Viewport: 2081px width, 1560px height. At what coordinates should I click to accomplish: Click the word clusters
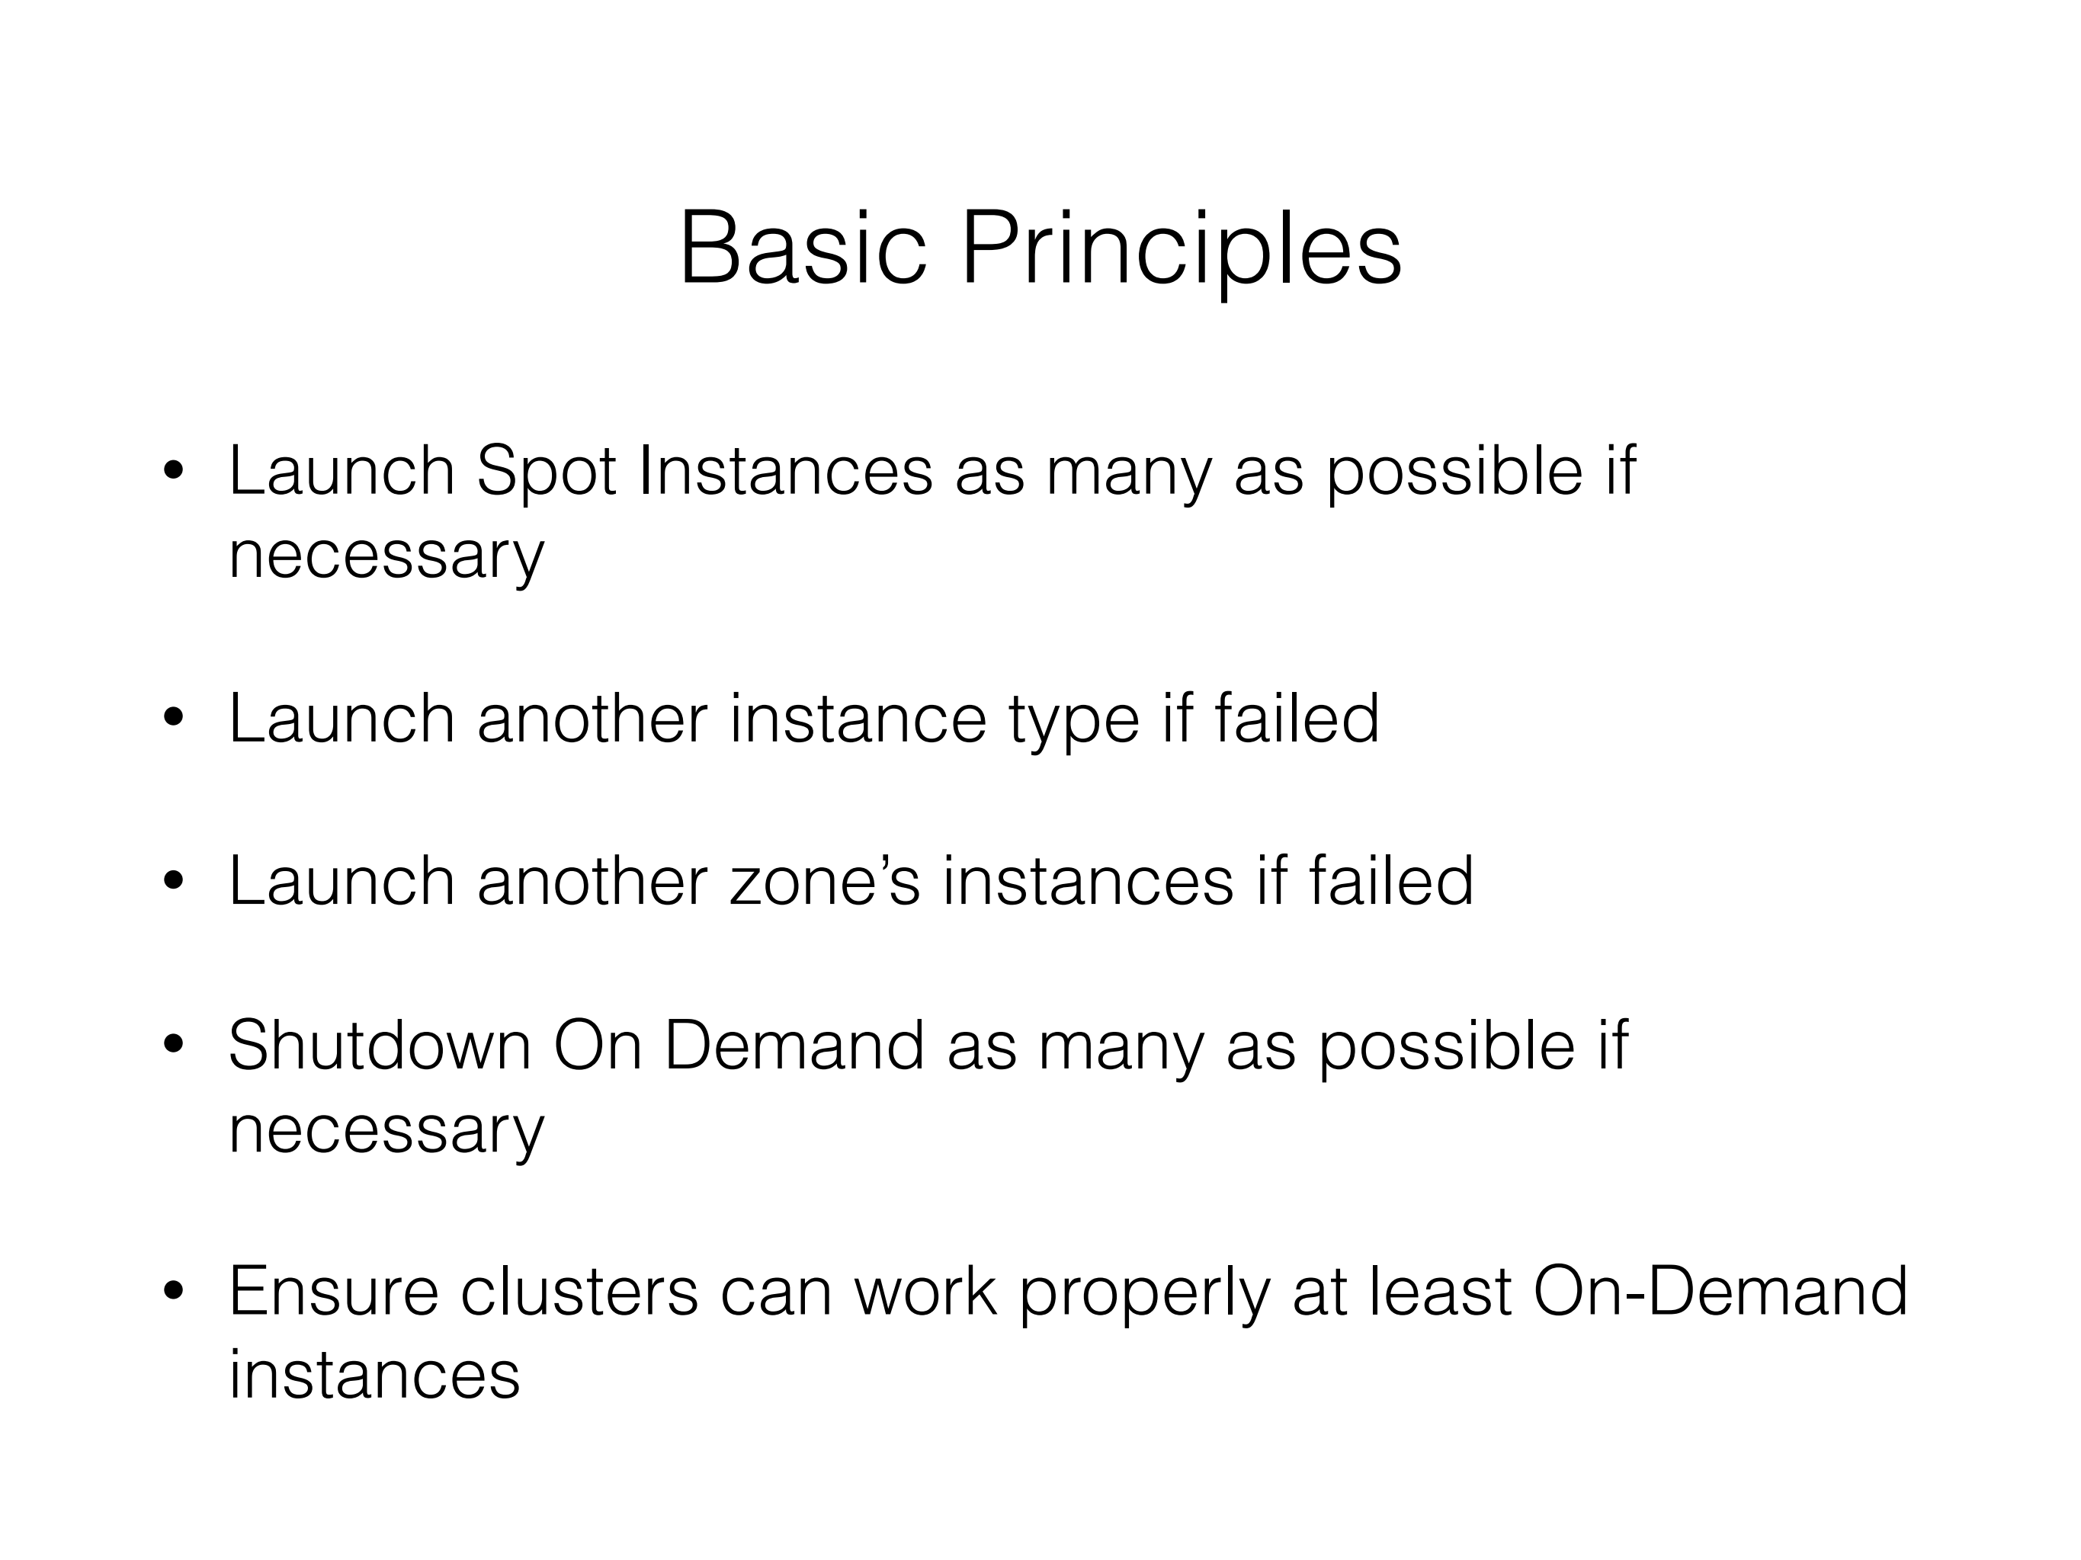[579, 1290]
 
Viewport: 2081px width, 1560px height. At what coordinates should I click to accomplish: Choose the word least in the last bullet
[1439, 1290]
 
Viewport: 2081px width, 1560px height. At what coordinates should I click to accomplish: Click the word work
[925, 1290]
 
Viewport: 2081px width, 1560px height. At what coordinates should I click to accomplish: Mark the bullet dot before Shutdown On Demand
[174, 1045]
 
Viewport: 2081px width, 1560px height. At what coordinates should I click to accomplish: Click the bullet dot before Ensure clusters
[174, 1291]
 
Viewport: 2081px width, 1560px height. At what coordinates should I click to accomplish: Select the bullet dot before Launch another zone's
[174, 881]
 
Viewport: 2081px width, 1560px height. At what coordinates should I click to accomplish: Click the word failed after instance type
[1297, 717]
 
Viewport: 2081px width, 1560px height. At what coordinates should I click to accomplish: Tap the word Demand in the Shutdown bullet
[794, 1046]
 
